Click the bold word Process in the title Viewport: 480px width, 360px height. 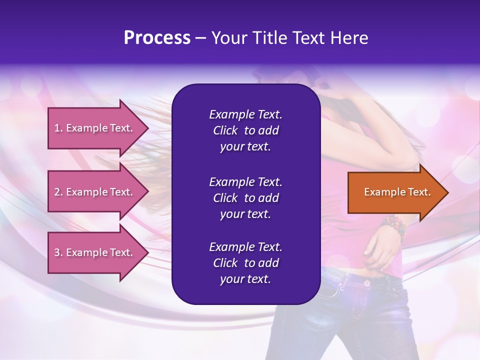(157, 38)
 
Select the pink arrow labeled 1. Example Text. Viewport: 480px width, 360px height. (95, 128)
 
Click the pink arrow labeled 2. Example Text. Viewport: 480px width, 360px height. (95, 192)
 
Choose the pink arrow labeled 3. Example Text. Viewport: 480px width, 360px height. (95, 252)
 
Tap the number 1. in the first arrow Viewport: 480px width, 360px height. (58, 128)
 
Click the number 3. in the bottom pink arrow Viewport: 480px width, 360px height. (58, 252)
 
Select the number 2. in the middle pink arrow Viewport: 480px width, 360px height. (58, 192)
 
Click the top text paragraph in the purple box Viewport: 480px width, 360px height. (245, 130)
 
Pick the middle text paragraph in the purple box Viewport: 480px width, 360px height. (245, 198)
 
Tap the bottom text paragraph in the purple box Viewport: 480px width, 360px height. (245, 263)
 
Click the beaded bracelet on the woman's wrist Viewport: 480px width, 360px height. (394, 226)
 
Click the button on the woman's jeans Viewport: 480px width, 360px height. (367, 283)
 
